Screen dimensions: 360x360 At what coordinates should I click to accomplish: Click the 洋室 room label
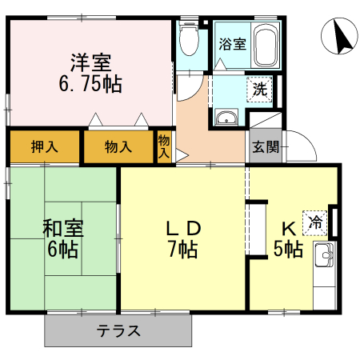pos(90,62)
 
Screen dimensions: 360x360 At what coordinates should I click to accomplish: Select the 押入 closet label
pos(45,146)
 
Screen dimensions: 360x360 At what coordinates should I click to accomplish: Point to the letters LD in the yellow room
pos(183,227)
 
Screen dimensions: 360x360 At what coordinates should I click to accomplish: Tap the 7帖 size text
pos(183,249)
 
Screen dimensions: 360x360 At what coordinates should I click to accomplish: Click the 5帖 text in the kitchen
pos(288,249)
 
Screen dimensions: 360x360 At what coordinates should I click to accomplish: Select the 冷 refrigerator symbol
pos(317,222)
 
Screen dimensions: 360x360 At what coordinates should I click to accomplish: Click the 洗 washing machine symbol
pos(260,90)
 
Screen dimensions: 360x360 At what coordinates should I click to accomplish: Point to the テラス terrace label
pos(119,330)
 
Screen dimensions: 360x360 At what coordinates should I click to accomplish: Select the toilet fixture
pos(189,38)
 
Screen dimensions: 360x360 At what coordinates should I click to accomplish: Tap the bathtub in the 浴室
pos(267,46)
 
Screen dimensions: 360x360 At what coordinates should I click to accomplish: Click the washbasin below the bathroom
pos(226,118)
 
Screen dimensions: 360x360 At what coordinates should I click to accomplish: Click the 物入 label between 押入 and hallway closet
pos(118,146)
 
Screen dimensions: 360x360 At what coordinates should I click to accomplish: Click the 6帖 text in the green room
pos(62,249)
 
